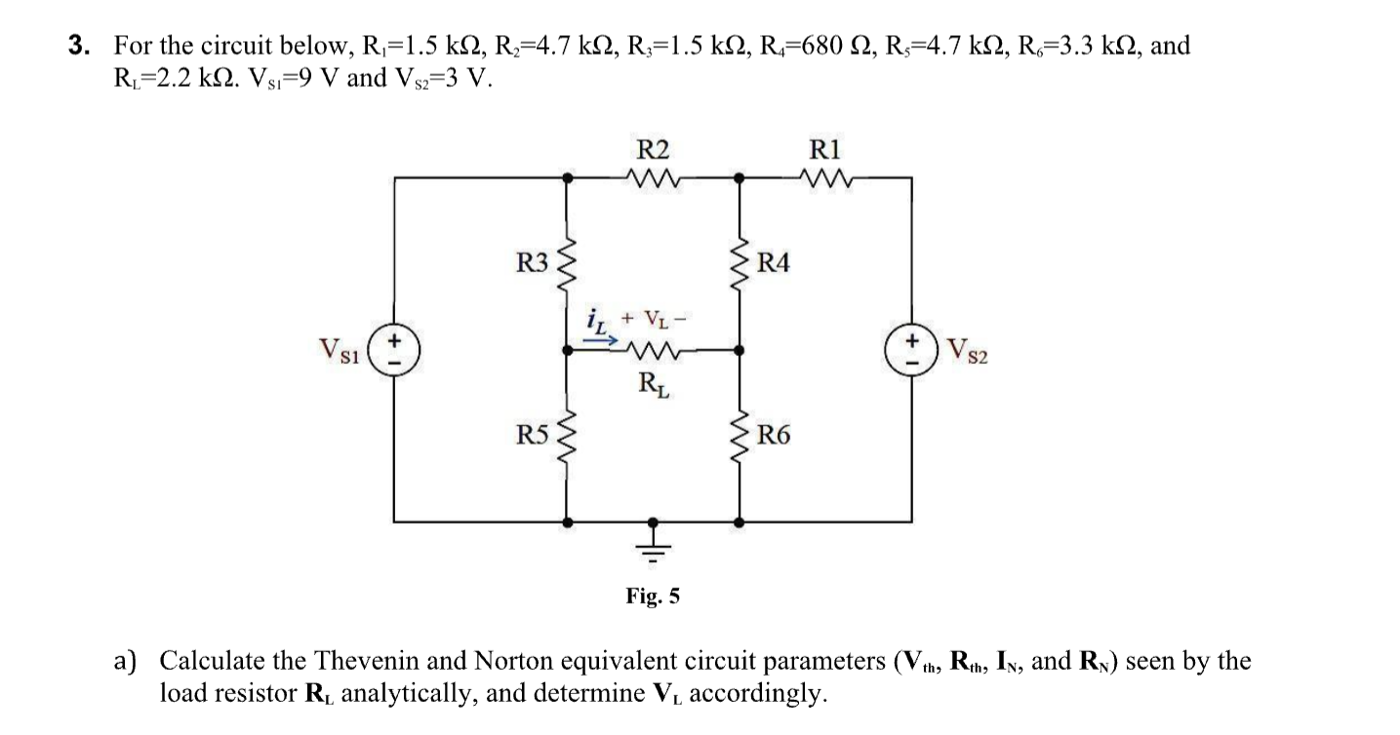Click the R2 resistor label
[653, 149]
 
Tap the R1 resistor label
[824, 149]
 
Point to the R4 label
[774, 263]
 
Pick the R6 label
[774, 435]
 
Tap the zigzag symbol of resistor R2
[653, 177]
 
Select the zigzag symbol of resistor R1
[824, 177]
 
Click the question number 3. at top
[81, 46]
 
